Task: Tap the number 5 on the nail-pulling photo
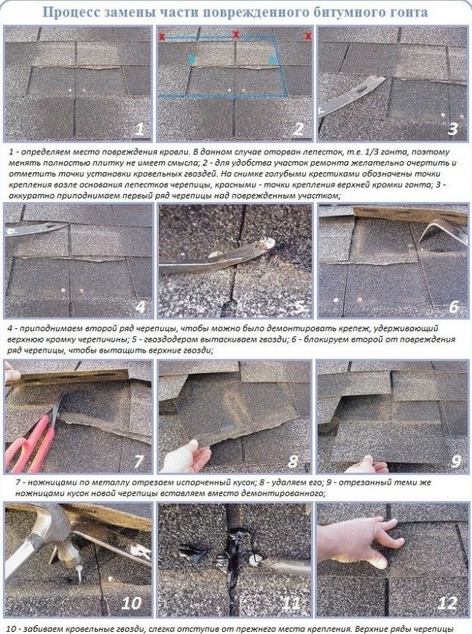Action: point(299,307)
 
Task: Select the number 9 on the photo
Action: point(456,461)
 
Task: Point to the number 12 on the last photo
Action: point(447,603)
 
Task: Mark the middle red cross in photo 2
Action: point(235,34)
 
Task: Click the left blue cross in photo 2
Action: point(192,60)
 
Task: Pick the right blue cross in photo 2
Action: point(273,60)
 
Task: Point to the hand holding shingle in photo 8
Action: point(186,456)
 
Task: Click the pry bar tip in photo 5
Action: point(268,244)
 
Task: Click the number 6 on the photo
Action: point(454,307)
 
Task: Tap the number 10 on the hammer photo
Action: point(131,603)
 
